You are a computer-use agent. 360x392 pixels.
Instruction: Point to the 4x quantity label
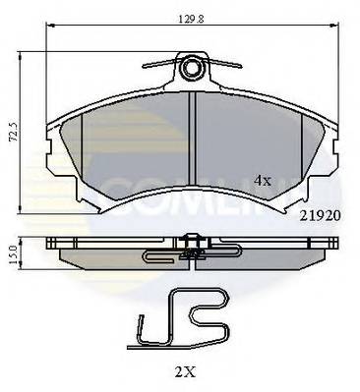[x=263, y=181]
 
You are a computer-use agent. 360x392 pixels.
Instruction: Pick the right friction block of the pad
[x=261, y=147]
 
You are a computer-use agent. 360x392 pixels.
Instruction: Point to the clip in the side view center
[x=192, y=252]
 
